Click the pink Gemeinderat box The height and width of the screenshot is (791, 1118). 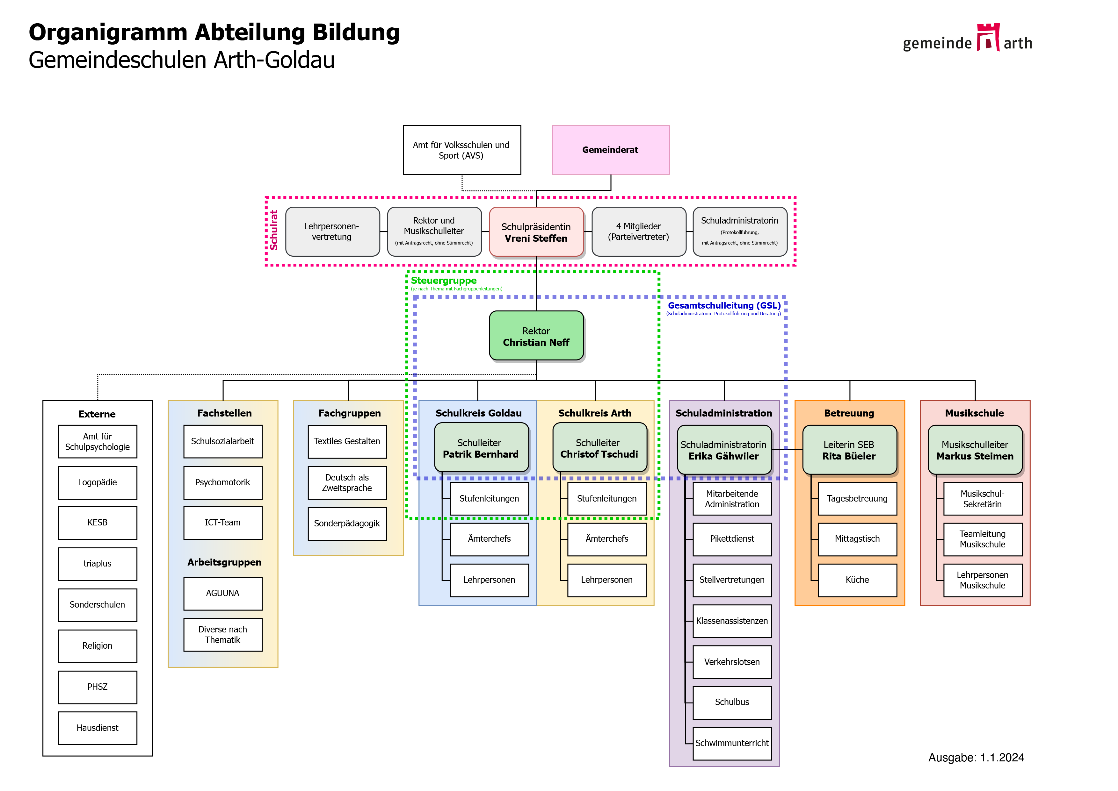[x=610, y=150]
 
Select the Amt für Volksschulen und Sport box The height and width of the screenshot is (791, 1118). [x=461, y=150]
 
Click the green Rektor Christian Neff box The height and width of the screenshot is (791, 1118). [x=536, y=336]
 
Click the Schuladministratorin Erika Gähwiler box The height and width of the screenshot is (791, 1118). [x=724, y=450]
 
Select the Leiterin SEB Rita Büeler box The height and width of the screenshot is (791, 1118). [x=849, y=450]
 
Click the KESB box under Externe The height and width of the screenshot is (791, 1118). [x=98, y=523]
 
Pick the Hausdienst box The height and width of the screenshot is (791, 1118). [x=98, y=728]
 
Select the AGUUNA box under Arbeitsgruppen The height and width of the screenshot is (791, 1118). [x=223, y=593]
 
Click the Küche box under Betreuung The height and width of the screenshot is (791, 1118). [x=857, y=580]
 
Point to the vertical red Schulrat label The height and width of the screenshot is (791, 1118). [x=274, y=230]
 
